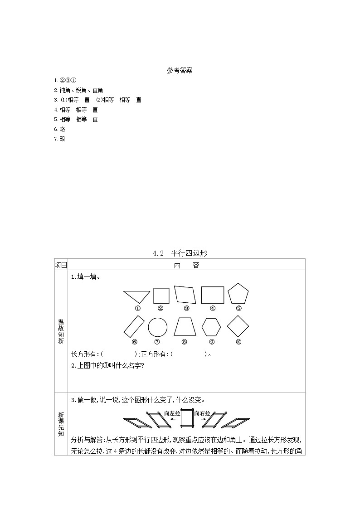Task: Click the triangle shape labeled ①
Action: [x=136, y=296]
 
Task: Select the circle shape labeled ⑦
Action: [x=157, y=327]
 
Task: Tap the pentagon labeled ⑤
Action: [x=238, y=294]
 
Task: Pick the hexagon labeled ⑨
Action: [x=211, y=327]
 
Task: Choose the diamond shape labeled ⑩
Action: [x=238, y=327]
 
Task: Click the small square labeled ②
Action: [x=161, y=296]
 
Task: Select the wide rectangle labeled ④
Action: [x=213, y=295]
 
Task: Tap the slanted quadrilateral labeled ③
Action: [x=186, y=295]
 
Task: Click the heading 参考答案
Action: [x=180, y=70]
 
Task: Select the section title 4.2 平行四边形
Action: [x=180, y=253]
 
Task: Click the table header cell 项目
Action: [x=61, y=265]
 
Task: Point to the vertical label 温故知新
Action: [x=61, y=331]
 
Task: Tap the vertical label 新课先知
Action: [x=61, y=424]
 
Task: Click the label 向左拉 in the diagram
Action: [x=172, y=413]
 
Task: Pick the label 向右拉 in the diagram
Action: [x=202, y=413]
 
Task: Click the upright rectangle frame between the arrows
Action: [x=187, y=421]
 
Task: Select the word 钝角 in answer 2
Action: [x=65, y=90]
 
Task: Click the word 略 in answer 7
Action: [x=62, y=139]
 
